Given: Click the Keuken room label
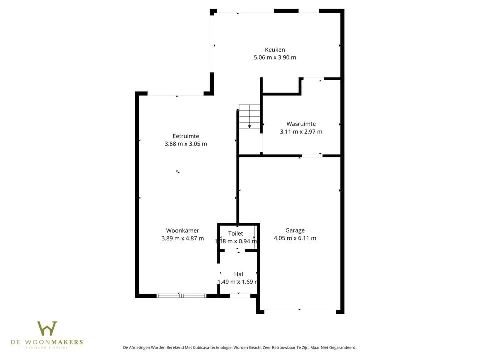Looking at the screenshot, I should [x=275, y=49].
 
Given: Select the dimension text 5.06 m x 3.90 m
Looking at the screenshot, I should [x=275, y=57].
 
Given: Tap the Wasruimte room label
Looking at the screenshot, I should [x=301, y=124].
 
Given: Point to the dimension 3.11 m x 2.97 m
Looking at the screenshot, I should [x=301, y=132].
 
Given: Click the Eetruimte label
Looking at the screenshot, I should [x=186, y=136].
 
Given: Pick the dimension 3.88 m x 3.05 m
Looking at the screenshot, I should [x=186, y=144].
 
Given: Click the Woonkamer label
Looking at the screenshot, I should [x=183, y=230].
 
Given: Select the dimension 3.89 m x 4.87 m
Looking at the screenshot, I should [x=183, y=238].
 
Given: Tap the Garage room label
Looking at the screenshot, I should [x=295, y=230].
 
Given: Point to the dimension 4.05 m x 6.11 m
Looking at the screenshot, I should [x=295, y=238].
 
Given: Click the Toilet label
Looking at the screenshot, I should [x=236, y=233].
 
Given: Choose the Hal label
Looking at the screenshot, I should [x=238, y=274].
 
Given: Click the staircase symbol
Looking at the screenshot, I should [x=249, y=116].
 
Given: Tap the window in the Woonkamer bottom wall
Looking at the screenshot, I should [x=181, y=296].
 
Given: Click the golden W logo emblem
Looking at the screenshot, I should [x=47, y=328].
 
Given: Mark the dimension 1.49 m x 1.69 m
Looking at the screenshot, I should [x=238, y=282].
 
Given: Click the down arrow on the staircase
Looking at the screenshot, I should [x=249, y=126].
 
